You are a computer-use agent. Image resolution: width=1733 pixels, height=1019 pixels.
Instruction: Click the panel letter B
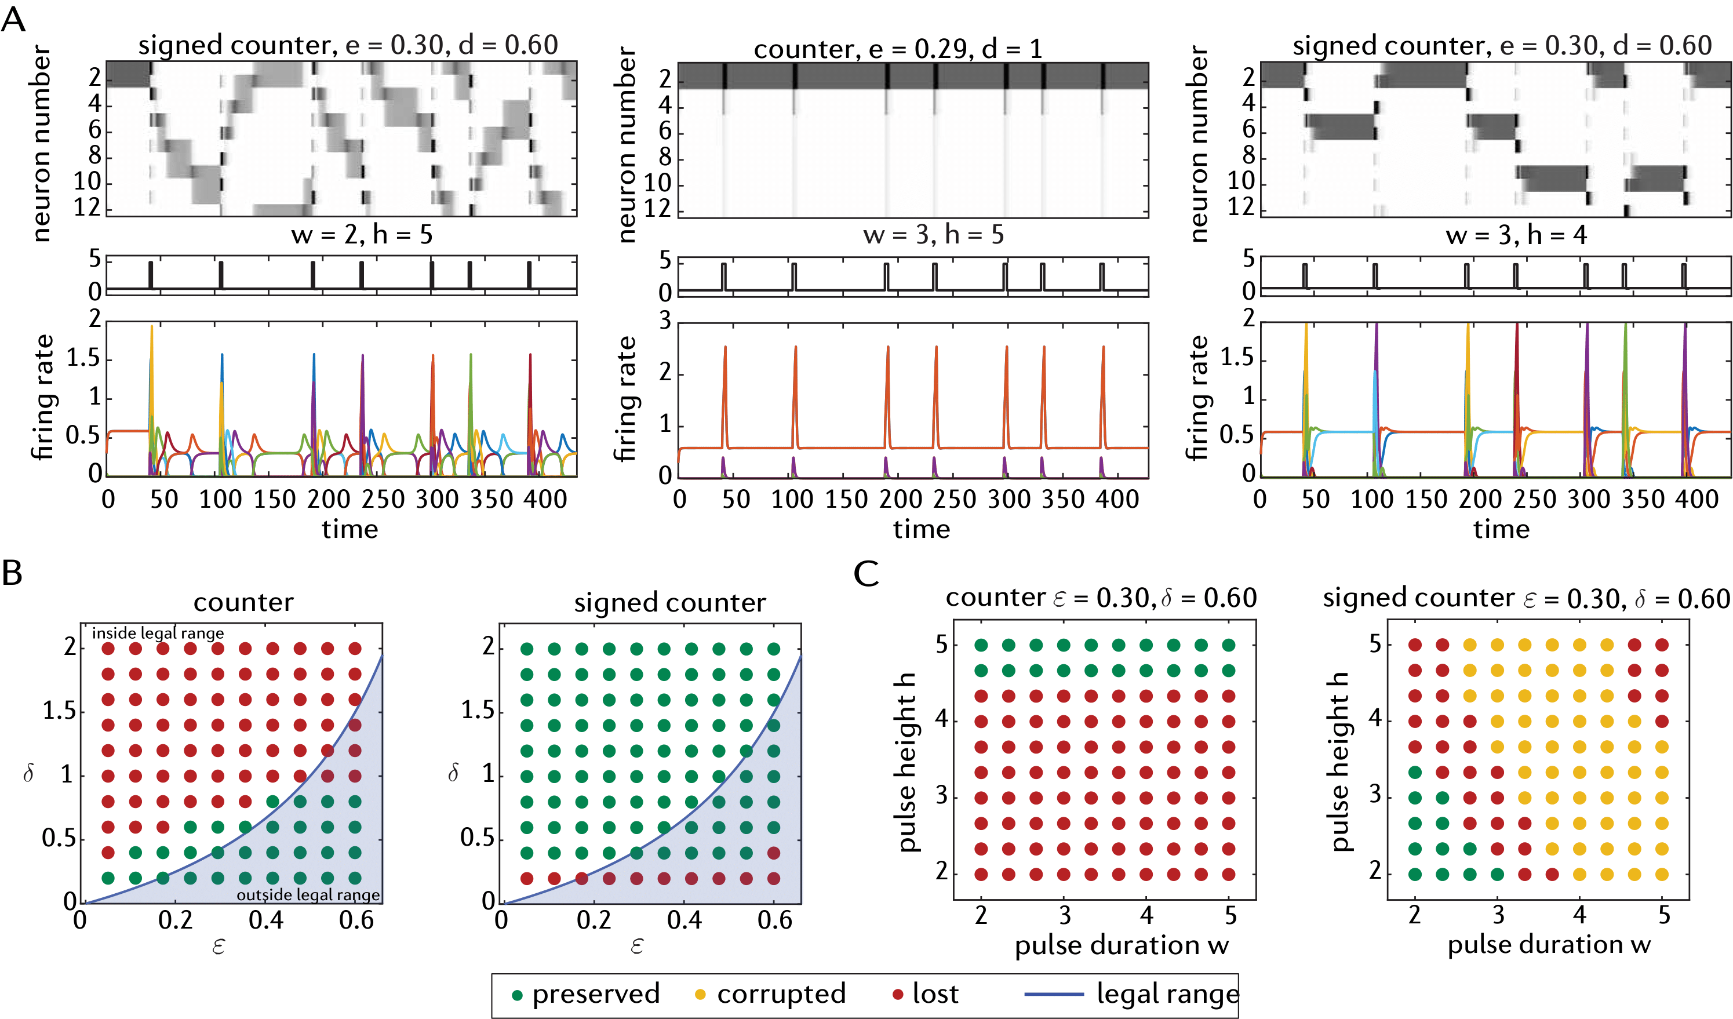pos(12,572)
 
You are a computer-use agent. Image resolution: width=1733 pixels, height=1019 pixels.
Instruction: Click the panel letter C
pos(866,572)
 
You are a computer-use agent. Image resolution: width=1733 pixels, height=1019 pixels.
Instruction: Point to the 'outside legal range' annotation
pos(308,894)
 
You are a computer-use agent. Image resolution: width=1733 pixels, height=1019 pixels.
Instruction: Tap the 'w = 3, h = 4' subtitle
pos(1516,235)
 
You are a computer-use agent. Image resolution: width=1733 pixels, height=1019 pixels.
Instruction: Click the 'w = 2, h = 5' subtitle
pos(362,235)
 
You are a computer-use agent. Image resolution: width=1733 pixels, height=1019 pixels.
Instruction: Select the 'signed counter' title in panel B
pos(669,602)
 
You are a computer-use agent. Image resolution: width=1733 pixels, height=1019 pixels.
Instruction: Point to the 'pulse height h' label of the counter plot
pos(908,761)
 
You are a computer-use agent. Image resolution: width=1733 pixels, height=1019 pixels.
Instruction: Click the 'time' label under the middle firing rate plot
pos(921,529)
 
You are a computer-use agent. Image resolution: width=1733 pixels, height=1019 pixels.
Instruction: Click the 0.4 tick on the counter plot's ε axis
pos(265,919)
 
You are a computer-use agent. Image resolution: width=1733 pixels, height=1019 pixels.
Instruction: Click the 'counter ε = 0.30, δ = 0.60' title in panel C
pos(1100,598)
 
